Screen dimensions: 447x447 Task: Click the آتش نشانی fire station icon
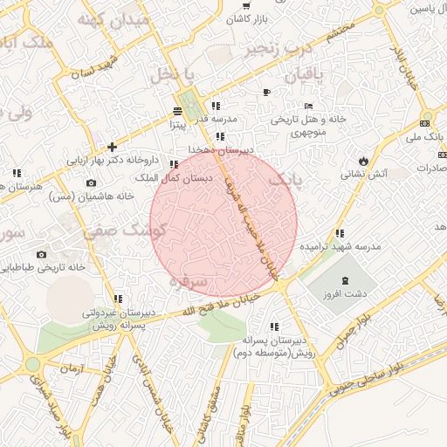click(x=362, y=162)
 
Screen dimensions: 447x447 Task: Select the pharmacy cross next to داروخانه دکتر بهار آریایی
click(x=112, y=147)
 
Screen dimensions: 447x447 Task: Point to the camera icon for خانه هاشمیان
click(x=92, y=182)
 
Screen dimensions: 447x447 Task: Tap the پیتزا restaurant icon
click(x=179, y=111)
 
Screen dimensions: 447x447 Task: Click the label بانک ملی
click(x=427, y=136)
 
